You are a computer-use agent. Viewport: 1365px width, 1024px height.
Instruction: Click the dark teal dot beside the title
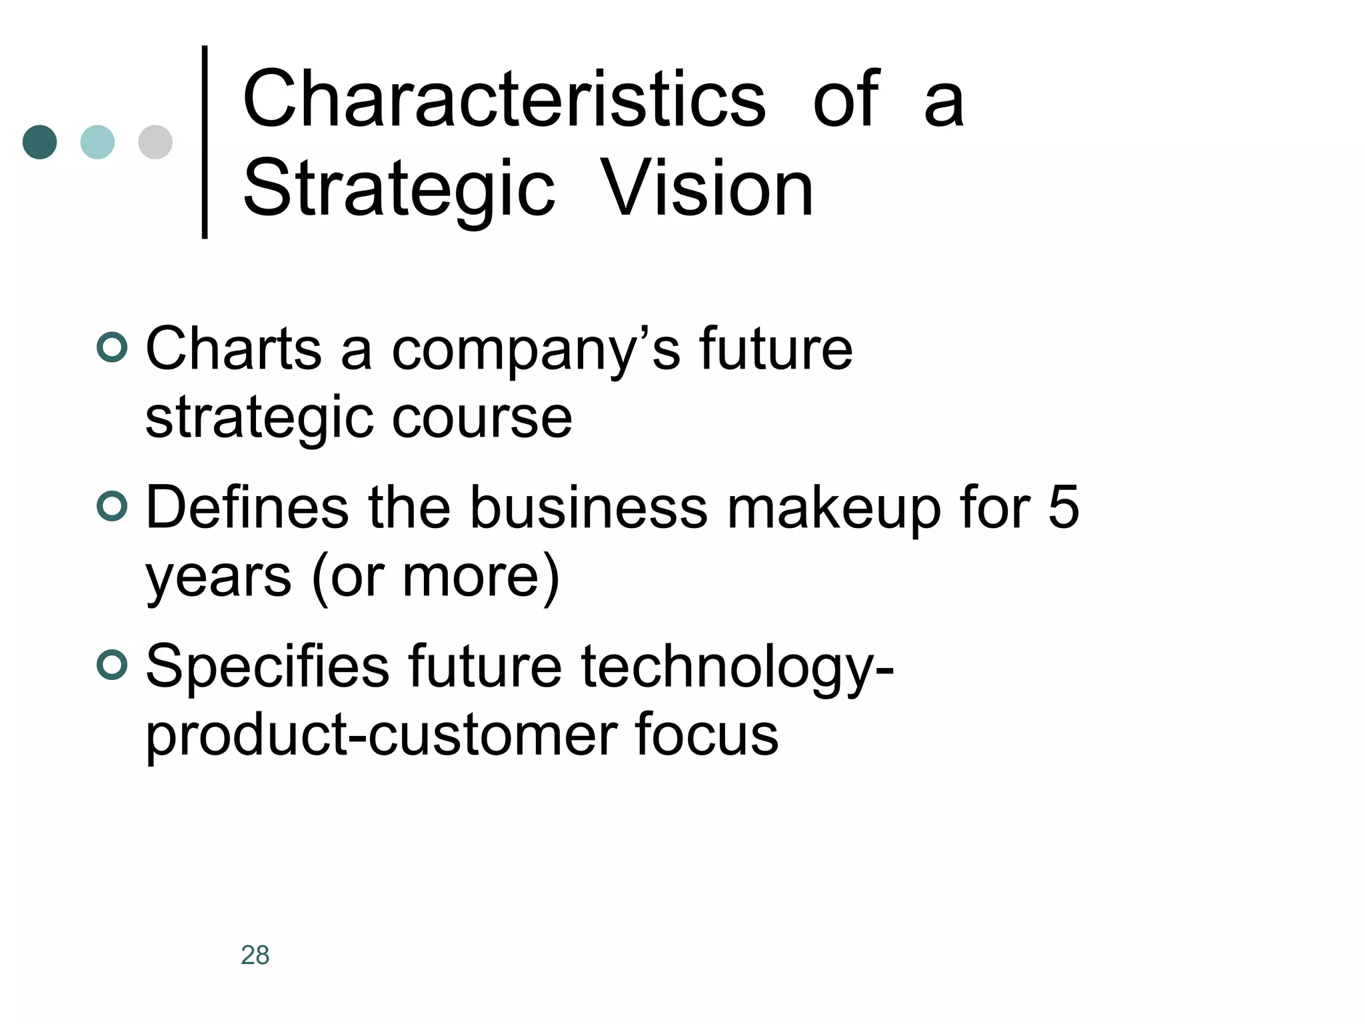pyautogui.click(x=40, y=142)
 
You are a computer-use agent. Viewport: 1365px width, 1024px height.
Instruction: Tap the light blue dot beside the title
pyautogui.click(x=97, y=142)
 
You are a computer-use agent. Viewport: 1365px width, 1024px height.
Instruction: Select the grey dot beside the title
pyautogui.click(x=155, y=142)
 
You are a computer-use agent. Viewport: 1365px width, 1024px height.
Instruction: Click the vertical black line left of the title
pyautogui.click(x=205, y=141)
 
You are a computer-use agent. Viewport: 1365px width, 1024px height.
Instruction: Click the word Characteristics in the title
pyautogui.click(x=504, y=100)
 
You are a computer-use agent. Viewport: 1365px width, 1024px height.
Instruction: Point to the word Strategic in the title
pyautogui.click(x=399, y=189)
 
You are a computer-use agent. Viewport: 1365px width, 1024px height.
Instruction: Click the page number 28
pyautogui.click(x=255, y=955)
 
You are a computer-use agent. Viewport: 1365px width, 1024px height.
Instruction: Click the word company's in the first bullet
pyautogui.click(x=536, y=351)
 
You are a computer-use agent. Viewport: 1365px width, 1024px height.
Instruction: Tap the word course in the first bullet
pyautogui.click(x=482, y=419)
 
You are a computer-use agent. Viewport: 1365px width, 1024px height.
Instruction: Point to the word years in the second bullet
pyautogui.click(x=219, y=577)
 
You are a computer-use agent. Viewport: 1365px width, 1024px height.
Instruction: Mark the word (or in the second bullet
pyautogui.click(x=348, y=577)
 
